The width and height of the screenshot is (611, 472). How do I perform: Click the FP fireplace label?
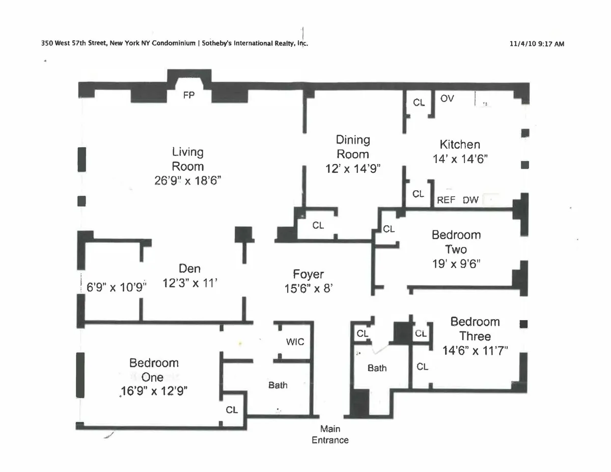(x=189, y=95)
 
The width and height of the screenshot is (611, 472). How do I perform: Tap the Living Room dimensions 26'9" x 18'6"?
(x=188, y=180)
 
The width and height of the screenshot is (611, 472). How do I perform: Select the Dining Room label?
(x=352, y=147)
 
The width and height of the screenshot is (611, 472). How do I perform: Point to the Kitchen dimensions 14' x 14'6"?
(x=460, y=159)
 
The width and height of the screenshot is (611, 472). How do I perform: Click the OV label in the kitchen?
(x=447, y=98)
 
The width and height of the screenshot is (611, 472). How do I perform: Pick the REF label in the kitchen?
(x=446, y=200)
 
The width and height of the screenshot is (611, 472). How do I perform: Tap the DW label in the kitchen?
(x=470, y=200)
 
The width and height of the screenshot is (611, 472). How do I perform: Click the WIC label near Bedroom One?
(x=295, y=342)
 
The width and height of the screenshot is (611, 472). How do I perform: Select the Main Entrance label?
(x=330, y=435)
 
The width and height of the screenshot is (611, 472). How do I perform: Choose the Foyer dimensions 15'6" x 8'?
(x=308, y=288)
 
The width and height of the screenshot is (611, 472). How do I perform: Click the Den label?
(x=189, y=269)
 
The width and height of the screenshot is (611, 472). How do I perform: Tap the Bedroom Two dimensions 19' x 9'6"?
(x=456, y=264)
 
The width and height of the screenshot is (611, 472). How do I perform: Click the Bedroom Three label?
(x=475, y=329)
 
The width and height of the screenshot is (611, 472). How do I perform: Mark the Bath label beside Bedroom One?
(x=277, y=385)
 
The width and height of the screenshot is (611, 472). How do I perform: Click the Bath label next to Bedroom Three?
(x=377, y=368)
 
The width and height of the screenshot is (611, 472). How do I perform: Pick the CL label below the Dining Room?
(x=318, y=226)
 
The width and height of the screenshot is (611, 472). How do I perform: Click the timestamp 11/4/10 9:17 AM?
(x=537, y=44)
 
